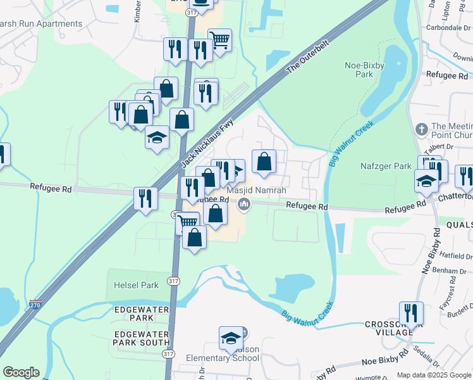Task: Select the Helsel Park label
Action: point(136,285)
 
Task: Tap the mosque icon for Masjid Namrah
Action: point(244,205)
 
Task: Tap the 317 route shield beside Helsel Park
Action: point(173,281)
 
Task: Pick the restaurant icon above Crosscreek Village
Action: point(411,313)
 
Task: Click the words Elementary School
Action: point(222,358)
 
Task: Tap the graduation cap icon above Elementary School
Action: point(231,339)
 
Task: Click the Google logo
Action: point(21,372)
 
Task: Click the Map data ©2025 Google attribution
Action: point(433,375)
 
